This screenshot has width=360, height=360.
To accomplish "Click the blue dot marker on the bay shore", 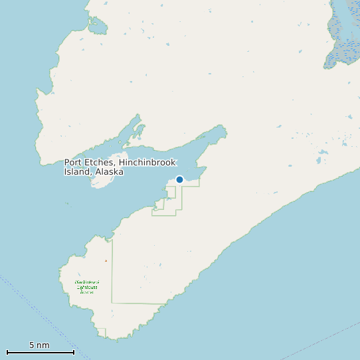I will click(179, 179).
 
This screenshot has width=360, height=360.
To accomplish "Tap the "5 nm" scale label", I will click(39, 345).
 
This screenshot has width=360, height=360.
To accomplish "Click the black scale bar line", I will click(40, 352).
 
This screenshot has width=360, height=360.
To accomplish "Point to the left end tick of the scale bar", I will click(7, 352).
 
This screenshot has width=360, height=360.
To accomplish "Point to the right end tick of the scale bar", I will click(74, 352).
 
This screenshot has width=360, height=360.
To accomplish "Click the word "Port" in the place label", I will click(74, 163).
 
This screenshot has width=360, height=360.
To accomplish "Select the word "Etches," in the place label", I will click(101, 163).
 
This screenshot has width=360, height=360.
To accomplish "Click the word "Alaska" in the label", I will click(110, 171).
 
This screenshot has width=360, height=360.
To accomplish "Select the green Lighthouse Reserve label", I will click(86, 286).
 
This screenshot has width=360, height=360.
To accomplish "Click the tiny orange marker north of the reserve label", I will click(106, 260).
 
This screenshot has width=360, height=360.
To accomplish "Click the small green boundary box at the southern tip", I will click(101, 332).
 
